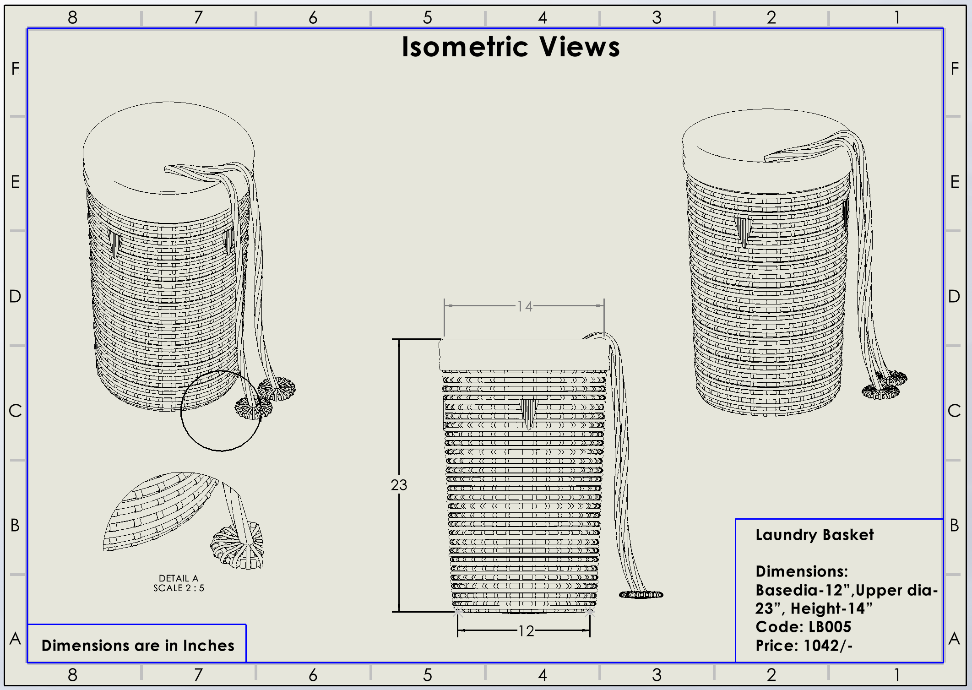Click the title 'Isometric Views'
click(x=510, y=47)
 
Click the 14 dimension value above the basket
click(x=525, y=306)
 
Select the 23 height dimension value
click(x=399, y=485)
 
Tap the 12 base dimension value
click(x=526, y=631)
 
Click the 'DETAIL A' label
click(x=179, y=578)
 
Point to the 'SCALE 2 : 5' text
click(x=179, y=588)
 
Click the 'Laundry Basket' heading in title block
click(x=814, y=535)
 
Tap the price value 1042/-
click(x=828, y=646)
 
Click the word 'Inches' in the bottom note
click(x=208, y=646)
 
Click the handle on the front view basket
click(x=528, y=413)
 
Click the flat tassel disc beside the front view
click(x=641, y=595)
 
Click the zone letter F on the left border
click(x=15, y=69)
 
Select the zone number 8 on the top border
click(x=72, y=18)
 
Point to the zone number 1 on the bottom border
click(x=897, y=675)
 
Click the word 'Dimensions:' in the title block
click(x=801, y=571)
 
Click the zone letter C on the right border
click(x=954, y=411)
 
